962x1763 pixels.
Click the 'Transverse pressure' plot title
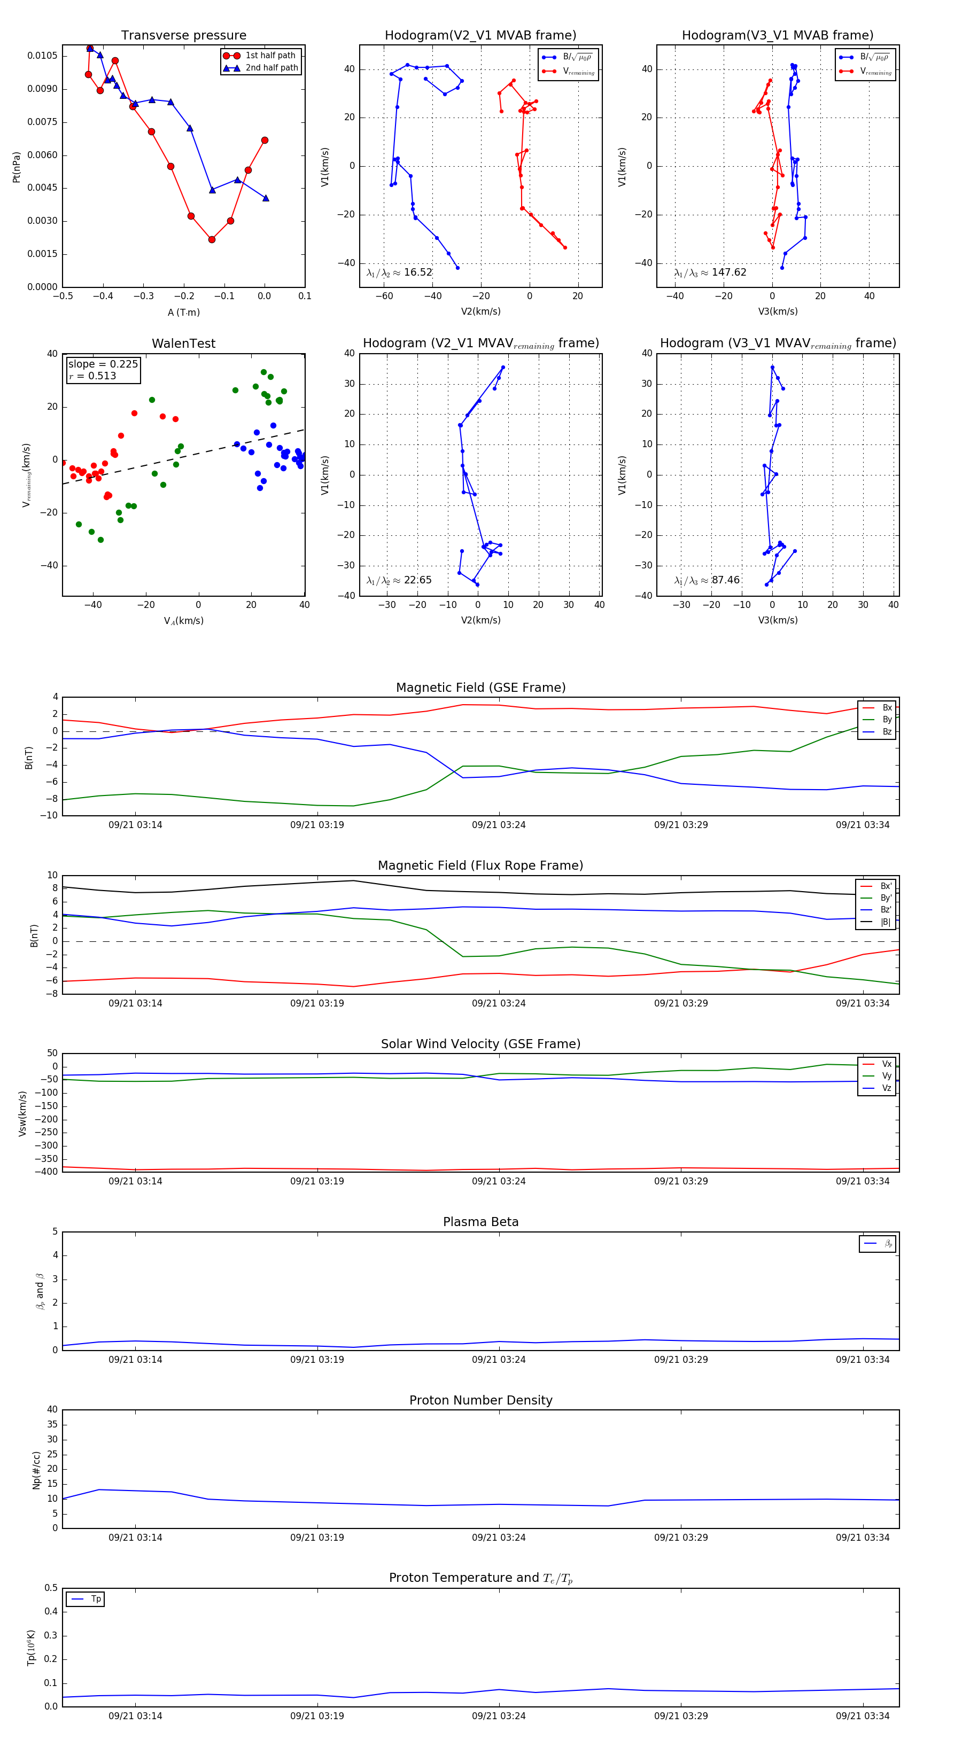[183, 36]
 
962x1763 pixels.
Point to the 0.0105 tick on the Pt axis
[42, 56]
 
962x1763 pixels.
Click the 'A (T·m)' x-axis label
[183, 313]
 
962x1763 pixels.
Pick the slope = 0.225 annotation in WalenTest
[103, 364]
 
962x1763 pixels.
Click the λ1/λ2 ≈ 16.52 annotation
[399, 272]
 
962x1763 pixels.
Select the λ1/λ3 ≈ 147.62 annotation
[710, 272]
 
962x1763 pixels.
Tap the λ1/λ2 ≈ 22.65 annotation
[399, 580]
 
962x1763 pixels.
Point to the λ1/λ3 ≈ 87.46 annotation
[707, 580]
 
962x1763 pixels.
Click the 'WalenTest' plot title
[183, 344]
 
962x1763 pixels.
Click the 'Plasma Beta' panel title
[480, 1222]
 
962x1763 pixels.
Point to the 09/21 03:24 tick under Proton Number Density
[499, 1537]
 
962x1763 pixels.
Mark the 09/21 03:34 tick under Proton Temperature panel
[862, 1716]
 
